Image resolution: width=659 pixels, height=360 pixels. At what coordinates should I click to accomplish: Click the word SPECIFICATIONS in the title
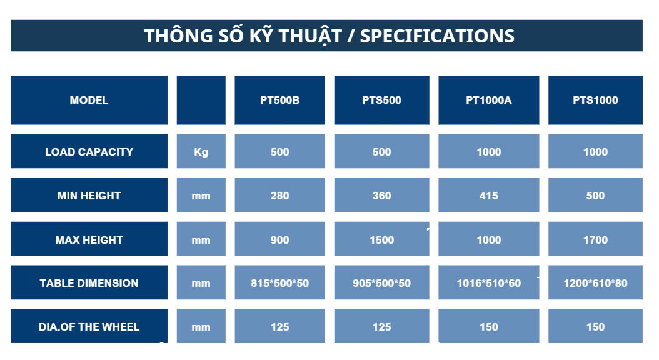pyautogui.click(x=437, y=36)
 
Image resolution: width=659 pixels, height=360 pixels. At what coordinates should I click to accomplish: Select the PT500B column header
pyautogui.click(x=280, y=100)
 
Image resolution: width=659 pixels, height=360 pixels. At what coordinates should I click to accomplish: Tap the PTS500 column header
pyautogui.click(x=381, y=100)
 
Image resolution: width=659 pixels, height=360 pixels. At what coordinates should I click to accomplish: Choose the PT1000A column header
pyautogui.click(x=489, y=100)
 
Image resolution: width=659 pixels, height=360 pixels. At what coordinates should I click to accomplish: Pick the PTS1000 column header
pyautogui.click(x=595, y=100)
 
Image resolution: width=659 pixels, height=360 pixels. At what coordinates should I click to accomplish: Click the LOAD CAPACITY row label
pyautogui.click(x=89, y=152)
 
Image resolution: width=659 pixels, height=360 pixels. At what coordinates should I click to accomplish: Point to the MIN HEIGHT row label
pyautogui.click(x=89, y=196)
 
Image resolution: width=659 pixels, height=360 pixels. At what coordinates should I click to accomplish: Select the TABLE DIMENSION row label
pyautogui.click(x=89, y=283)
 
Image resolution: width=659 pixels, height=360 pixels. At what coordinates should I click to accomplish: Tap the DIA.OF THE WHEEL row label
pyautogui.click(x=89, y=327)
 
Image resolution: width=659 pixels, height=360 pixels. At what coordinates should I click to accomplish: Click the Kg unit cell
pyautogui.click(x=201, y=152)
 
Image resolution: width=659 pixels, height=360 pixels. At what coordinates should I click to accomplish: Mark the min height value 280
pyautogui.click(x=280, y=196)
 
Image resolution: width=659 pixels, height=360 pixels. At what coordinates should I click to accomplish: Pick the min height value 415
pyautogui.click(x=489, y=196)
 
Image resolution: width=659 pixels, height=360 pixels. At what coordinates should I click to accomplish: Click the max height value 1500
pyautogui.click(x=381, y=240)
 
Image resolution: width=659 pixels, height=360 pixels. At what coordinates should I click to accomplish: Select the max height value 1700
pyautogui.click(x=595, y=240)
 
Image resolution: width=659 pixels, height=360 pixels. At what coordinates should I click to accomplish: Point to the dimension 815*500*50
pyautogui.click(x=280, y=283)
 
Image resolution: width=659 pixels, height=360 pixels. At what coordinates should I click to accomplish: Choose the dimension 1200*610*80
pyautogui.click(x=595, y=283)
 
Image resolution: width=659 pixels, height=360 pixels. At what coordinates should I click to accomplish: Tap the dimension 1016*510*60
pyautogui.click(x=489, y=283)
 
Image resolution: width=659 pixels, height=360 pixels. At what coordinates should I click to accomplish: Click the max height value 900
pyautogui.click(x=280, y=240)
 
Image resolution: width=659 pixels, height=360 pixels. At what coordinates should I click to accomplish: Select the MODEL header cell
pyautogui.click(x=89, y=100)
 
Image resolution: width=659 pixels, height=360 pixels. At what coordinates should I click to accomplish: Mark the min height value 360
pyautogui.click(x=381, y=196)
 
